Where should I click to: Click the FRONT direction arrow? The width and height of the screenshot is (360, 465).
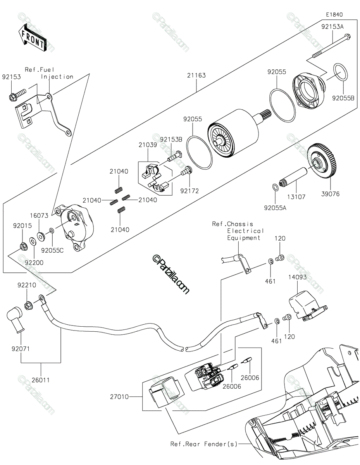click(x=32, y=38)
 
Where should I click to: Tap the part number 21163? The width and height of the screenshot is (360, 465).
click(x=196, y=75)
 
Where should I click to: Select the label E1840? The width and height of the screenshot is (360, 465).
click(x=334, y=15)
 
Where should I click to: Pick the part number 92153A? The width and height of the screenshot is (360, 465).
click(x=332, y=27)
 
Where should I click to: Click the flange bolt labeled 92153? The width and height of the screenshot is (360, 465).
click(x=17, y=95)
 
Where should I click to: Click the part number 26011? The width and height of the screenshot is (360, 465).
click(x=41, y=380)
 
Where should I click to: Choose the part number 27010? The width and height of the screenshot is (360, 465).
click(x=119, y=397)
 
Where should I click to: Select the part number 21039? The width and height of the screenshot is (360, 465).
click(x=148, y=145)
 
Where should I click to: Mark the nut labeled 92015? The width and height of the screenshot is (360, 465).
click(x=24, y=247)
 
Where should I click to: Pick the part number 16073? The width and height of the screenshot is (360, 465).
click(x=39, y=215)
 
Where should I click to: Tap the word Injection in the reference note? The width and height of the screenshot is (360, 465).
click(x=57, y=77)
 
